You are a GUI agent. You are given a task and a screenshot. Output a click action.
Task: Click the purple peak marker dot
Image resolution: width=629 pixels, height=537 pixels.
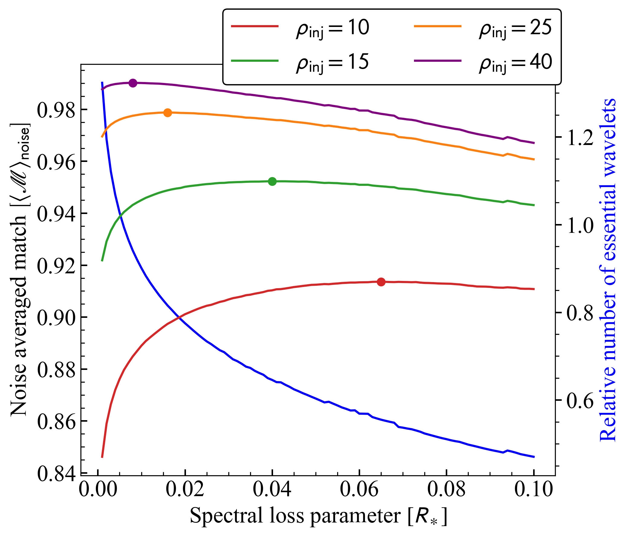pos(133,83)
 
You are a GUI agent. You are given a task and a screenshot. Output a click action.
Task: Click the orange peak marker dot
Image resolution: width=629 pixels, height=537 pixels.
pos(168,113)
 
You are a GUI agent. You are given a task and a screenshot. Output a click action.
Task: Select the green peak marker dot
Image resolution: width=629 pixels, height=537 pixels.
pos(272,181)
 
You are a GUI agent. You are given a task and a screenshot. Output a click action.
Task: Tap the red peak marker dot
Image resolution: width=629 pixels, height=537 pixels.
pos(381,282)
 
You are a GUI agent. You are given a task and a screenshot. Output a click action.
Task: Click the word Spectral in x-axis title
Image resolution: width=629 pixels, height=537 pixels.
pos(227,516)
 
